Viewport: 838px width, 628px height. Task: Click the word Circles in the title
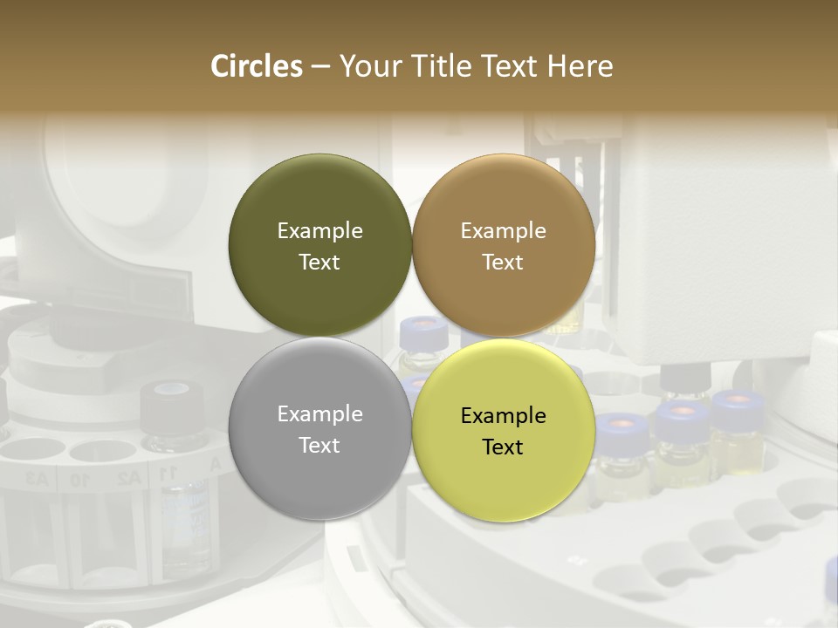[256, 66]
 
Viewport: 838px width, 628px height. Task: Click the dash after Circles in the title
[319, 67]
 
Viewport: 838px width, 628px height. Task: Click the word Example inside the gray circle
[319, 413]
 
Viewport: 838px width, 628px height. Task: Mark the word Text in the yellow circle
[503, 447]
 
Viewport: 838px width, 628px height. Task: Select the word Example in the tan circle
[503, 230]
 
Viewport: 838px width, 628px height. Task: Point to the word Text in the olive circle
[319, 262]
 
